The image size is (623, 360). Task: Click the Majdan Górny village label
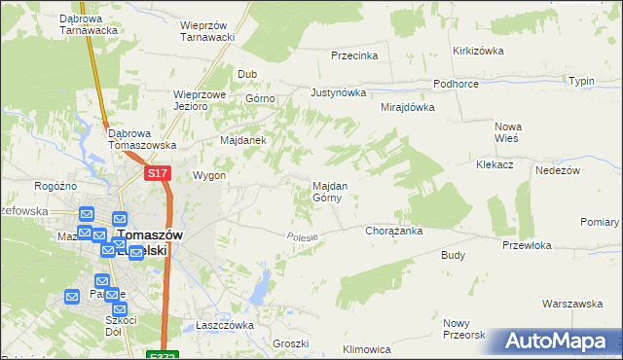point(326,191)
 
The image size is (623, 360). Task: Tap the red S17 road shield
point(159,173)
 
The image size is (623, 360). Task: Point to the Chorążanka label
point(392,232)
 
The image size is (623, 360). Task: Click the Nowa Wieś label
point(508,132)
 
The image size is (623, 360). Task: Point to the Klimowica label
point(367,348)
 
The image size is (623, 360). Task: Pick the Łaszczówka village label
point(224,325)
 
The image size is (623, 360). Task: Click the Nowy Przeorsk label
point(463,329)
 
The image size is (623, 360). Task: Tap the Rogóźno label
point(55,186)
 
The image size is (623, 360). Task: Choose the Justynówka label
point(338,93)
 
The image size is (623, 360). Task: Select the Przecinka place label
point(353,55)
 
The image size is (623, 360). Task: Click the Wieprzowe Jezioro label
point(200,100)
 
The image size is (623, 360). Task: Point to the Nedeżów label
point(558,169)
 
